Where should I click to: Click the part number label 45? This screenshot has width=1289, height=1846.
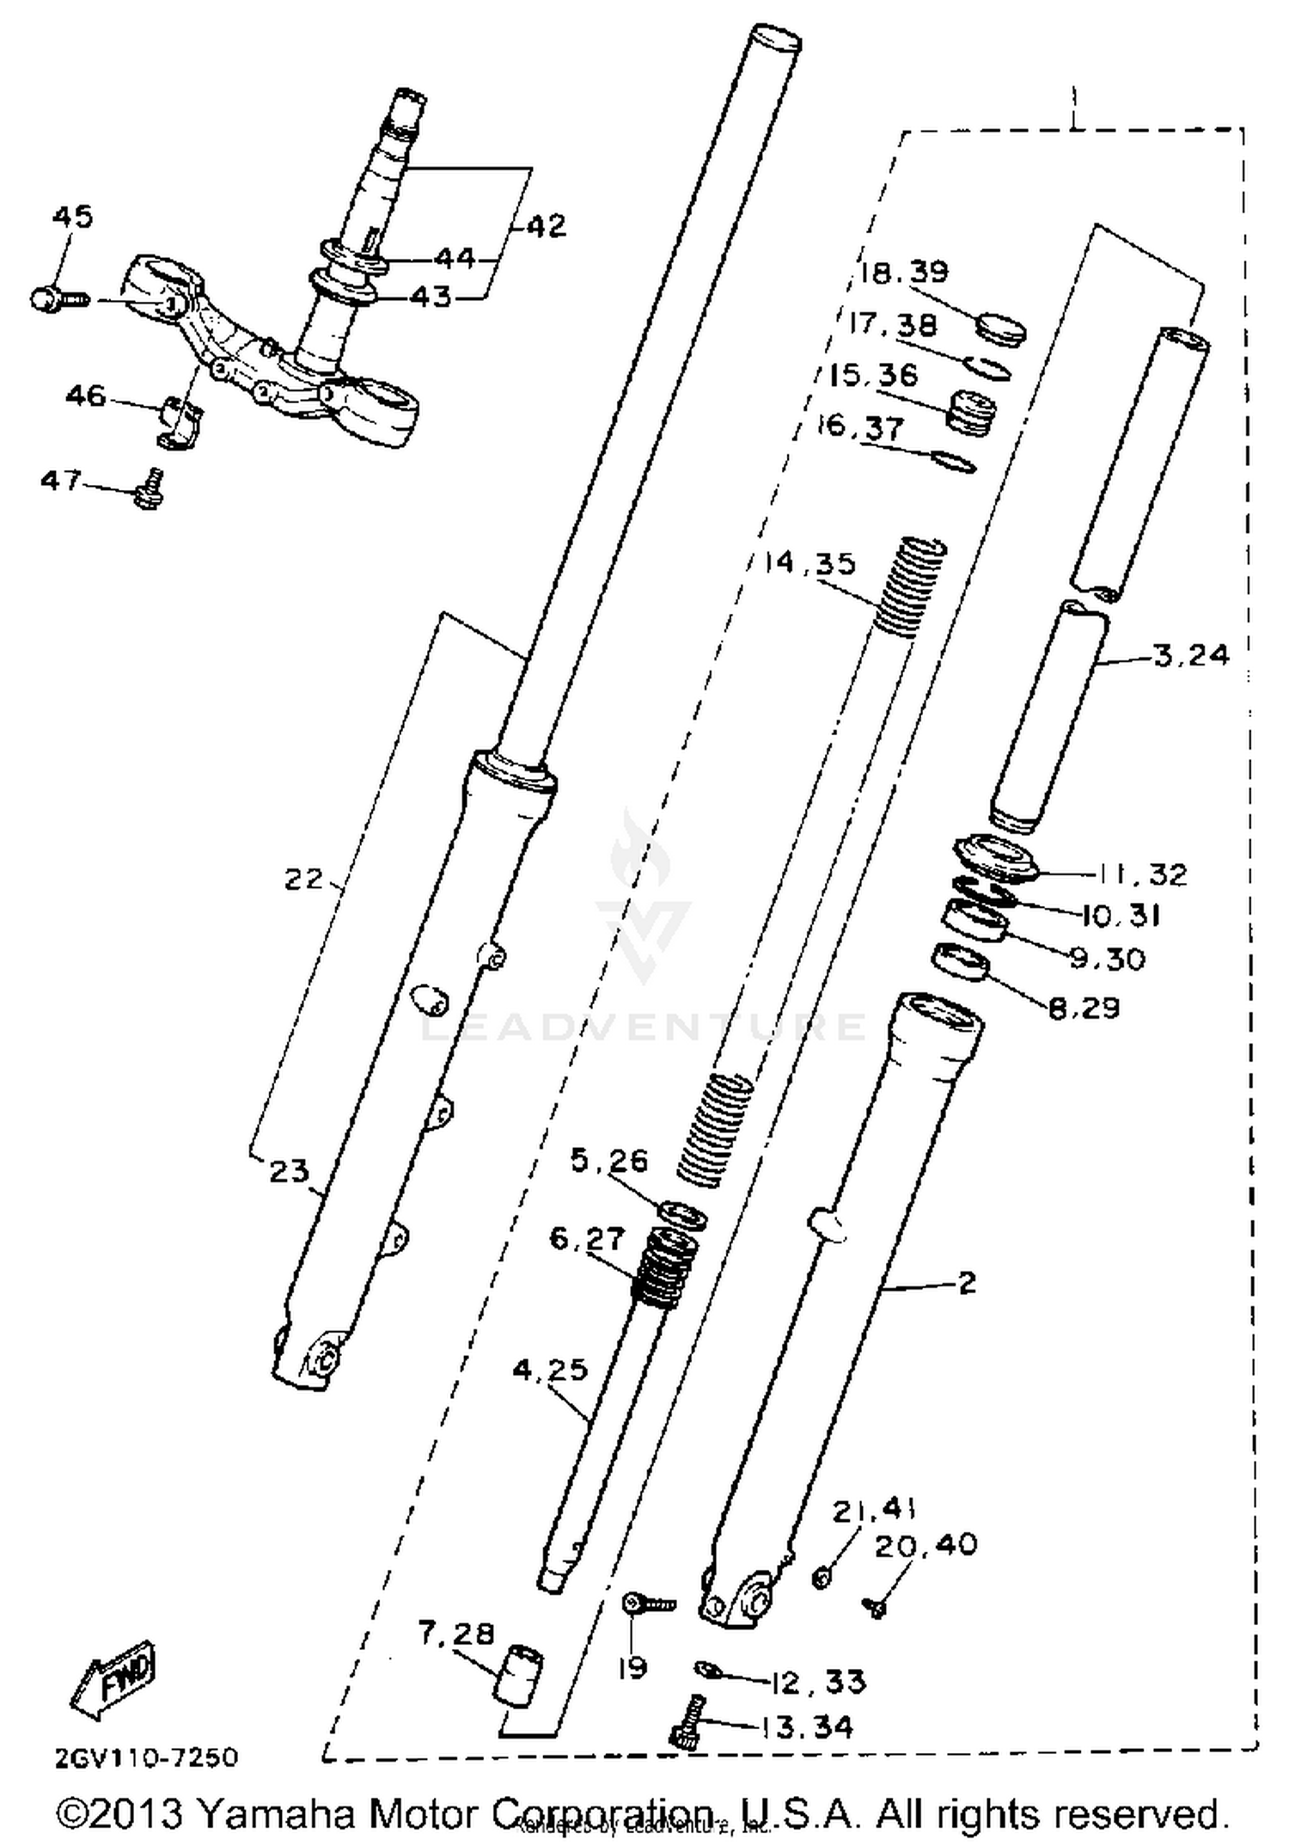tap(72, 217)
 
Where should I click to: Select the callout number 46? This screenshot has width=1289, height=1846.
tap(86, 396)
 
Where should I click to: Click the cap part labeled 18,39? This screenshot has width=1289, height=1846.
tap(1002, 329)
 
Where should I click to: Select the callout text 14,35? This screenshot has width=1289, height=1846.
tap(811, 563)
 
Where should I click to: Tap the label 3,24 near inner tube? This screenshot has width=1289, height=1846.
tap(1192, 655)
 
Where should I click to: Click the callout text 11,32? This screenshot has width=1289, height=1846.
tap(1141, 874)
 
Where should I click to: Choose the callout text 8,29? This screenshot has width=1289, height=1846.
tap(1084, 1007)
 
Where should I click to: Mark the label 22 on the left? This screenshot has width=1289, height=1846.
tap(303, 879)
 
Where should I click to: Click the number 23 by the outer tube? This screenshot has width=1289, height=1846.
tap(289, 1170)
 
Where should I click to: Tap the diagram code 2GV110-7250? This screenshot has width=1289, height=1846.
tap(146, 1757)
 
